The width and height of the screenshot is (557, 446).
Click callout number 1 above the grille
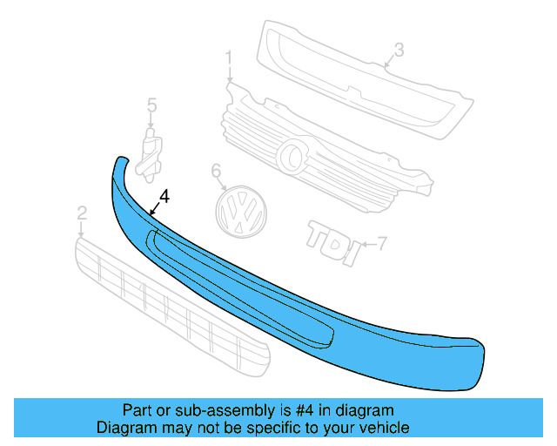229,59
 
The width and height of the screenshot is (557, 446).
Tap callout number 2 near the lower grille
82,213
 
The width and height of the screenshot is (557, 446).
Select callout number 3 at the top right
398,51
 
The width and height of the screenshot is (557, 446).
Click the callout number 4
165,198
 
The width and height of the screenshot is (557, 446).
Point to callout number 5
151,105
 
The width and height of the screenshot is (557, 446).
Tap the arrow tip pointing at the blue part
150,213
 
